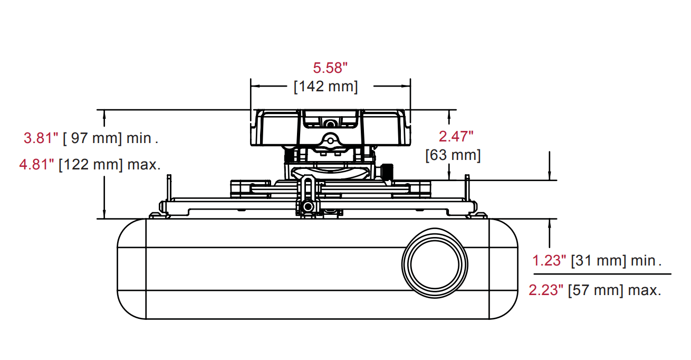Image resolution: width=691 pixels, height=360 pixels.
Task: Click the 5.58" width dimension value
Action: pyautogui.click(x=331, y=68)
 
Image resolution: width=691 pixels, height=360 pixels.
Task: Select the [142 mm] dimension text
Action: pyautogui.click(x=325, y=86)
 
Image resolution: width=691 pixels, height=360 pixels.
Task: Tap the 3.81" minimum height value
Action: pyautogui.click(x=41, y=138)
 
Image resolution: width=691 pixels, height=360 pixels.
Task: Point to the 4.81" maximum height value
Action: pyautogui.click(x=37, y=164)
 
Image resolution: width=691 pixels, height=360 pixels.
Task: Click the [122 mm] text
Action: pyautogui.click(x=90, y=164)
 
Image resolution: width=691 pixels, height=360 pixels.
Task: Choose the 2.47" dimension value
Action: pyautogui.click(x=456, y=136)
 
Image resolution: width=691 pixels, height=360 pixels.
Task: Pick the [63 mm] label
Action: pyautogui.click(x=453, y=155)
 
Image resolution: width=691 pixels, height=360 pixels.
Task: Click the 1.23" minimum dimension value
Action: pyautogui.click(x=549, y=260)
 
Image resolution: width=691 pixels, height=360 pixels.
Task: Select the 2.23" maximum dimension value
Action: pyautogui.click(x=546, y=290)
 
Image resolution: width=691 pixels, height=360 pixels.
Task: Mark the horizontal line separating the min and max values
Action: pyautogui.click(x=602, y=274)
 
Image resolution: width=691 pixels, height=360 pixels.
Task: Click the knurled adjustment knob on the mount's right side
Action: pyautogui.click(x=387, y=172)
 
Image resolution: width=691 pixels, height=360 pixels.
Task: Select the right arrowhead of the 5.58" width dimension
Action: pyautogui.click(x=407, y=85)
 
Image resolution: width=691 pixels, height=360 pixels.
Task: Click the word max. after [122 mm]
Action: pyautogui.click(x=143, y=164)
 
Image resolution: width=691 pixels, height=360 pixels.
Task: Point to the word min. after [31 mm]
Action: pyautogui.click(x=646, y=260)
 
